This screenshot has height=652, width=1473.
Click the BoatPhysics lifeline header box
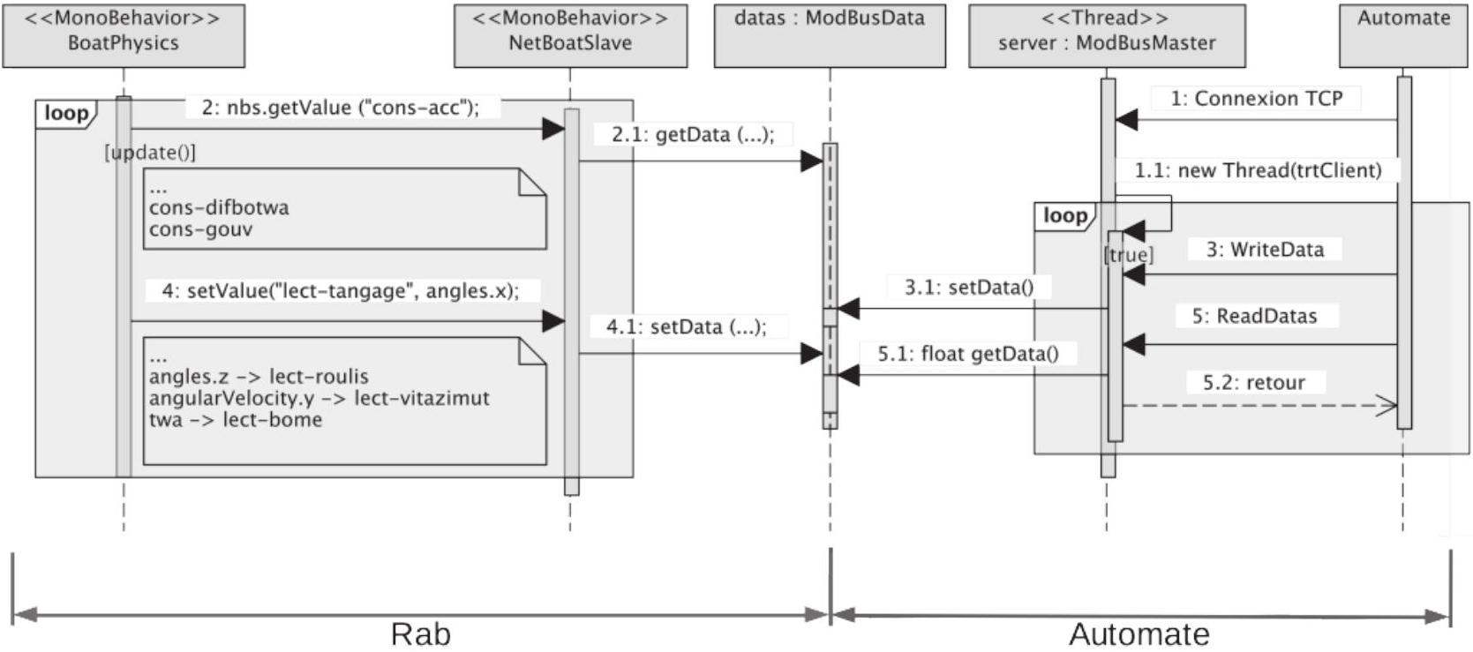tap(124, 35)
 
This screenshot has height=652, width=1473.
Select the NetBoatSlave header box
tap(571, 35)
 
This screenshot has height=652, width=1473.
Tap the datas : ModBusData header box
tap(830, 35)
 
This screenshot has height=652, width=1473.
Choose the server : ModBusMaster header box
tap(1107, 35)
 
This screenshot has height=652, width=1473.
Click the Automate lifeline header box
tap(1403, 35)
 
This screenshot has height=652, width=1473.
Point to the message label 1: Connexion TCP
tap(1256, 99)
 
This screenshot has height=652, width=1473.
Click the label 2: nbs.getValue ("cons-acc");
tap(341, 107)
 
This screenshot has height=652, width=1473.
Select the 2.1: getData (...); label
tap(693, 135)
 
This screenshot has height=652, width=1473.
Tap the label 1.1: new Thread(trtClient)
tap(1258, 171)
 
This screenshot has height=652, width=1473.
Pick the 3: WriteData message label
tap(1265, 250)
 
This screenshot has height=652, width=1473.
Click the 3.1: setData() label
tap(969, 288)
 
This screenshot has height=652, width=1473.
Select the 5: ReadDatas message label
tap(1255, 316)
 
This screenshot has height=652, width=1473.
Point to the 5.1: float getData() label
tap(968, 355)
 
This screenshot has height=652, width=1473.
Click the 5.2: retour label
tap(1254, 383)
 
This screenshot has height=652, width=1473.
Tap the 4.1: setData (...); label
tap(687, 326)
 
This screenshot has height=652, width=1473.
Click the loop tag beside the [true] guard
tap(1065, 215)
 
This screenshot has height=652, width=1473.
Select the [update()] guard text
tap(150, 153)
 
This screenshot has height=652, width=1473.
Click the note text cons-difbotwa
tap(219, 207)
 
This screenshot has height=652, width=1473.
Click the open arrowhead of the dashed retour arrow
tap(1387, 406)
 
